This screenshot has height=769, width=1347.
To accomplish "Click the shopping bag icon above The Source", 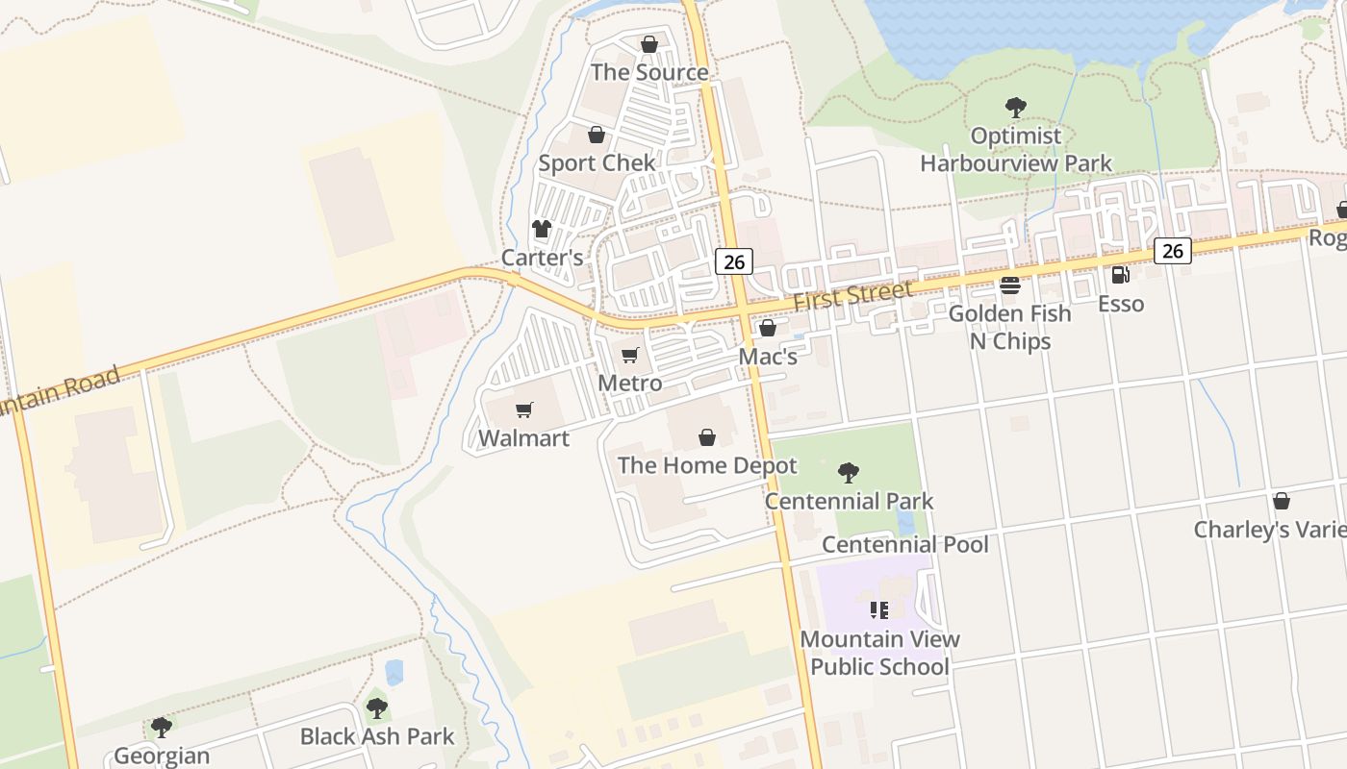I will click(x=649, y=44).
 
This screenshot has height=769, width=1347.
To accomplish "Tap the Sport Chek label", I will click(x=597, y=162).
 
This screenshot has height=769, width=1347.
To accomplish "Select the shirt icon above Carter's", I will click(x=542, y=229).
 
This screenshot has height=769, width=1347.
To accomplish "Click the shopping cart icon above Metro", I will click(x=630, y=356).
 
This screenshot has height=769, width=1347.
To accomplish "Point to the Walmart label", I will click(x=524, y=438).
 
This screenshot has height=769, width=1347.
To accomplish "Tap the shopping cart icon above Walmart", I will click(x=524, y=410).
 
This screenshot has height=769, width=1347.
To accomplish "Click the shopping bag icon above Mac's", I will click(x=767, y=329).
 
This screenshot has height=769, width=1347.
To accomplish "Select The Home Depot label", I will click(x=707, y=466).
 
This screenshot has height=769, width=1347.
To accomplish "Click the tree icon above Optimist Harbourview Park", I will click(x=1015, y=107).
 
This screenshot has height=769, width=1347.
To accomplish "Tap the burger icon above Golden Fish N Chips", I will click(x=1009, y=285).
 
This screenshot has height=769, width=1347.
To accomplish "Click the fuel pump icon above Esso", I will click(x=1121, y=275).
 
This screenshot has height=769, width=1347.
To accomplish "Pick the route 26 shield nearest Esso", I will click(x=1173, y=251).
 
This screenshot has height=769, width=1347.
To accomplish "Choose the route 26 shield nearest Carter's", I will click(x=733, y=260).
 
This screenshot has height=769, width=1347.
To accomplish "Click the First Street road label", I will click(x=852, y=296).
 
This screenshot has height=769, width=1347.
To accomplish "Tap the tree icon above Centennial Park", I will click(x=848, y=472).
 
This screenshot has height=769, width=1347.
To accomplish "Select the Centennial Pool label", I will click(x=905, y=544).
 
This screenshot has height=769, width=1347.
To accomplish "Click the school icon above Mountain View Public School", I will click(x=878, y=610).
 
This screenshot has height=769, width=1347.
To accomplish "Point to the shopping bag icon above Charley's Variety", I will click(x=1281, y=501).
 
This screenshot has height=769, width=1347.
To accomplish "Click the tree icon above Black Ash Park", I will click(x=376, y=708).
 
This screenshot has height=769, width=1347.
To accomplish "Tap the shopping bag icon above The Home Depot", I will click(x=707, y=438).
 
